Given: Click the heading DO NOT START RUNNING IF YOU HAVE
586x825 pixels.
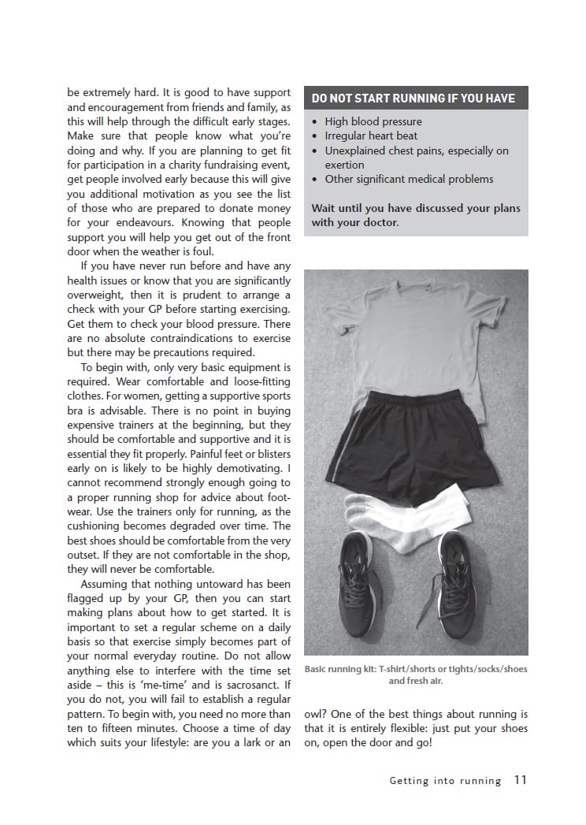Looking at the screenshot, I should point(413,98).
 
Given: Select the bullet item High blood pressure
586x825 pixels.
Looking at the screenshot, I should point(373,121).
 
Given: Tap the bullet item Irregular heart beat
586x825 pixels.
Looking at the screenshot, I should point(371,136).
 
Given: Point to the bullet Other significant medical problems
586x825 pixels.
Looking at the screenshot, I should point(409,179).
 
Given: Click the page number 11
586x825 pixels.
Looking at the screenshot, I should point(520,780).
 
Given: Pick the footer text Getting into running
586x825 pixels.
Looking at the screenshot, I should point(445,781).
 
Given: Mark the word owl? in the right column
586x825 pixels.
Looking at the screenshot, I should point(317,714).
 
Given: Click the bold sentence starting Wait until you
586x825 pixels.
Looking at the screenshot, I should point(415,215).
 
